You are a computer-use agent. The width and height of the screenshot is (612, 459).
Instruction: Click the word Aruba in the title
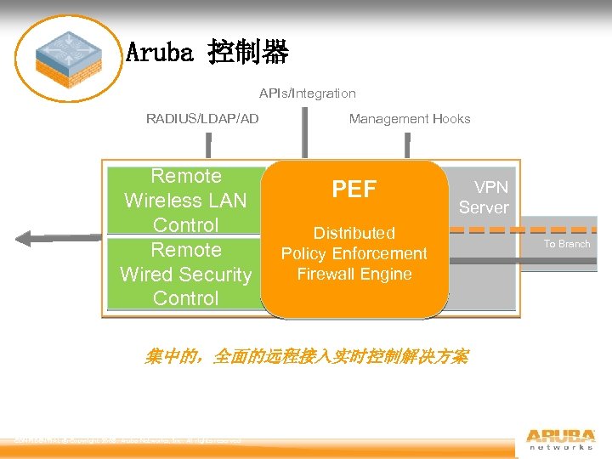tap(158, 54)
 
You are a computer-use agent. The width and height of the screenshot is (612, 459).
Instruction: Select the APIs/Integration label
tap(307, 93)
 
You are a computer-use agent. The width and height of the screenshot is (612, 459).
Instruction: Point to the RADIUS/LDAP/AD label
tap(202, 119)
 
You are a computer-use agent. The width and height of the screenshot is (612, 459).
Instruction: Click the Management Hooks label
tap(409, 119)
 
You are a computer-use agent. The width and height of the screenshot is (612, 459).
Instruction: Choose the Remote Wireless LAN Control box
tap(185, 201)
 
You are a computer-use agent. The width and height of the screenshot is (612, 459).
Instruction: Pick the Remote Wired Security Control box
tap(185, 274)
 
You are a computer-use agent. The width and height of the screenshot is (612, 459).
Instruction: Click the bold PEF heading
tap(354, 190)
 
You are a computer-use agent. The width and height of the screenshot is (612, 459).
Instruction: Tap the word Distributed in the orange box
tap(354, 233)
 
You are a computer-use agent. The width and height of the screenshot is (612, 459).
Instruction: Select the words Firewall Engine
tap(354, 274)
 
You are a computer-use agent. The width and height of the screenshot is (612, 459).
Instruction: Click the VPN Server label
tap(484, 197)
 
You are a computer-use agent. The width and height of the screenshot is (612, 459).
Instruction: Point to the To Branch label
tap(566, 244)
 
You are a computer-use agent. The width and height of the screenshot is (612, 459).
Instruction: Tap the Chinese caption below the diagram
tap(306, 356)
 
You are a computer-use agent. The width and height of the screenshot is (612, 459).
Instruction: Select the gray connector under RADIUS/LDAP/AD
tap(202, 146)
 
